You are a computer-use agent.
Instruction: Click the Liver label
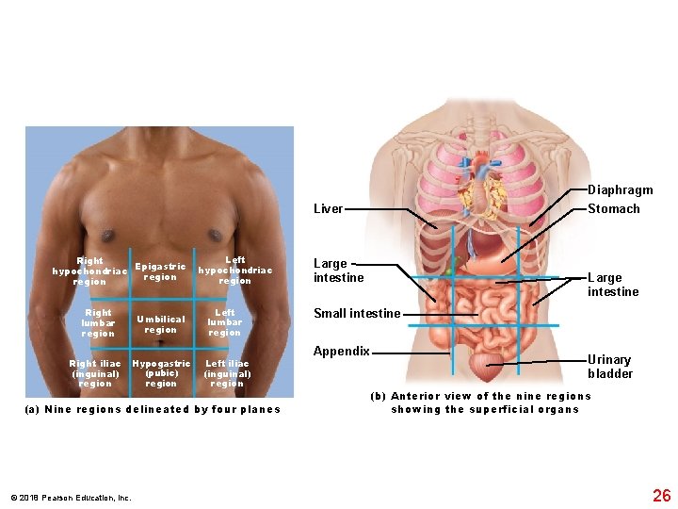[328, 209]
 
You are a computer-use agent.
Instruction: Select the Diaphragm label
[620, 190]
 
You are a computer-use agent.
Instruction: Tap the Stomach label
[613, 209]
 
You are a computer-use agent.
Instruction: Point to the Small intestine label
[357, 314]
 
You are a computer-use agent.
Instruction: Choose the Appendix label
[341, 352]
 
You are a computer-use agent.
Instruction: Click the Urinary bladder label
[610, 367]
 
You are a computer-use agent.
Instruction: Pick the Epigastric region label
[160, 271]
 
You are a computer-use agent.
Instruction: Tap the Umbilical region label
[160, 324]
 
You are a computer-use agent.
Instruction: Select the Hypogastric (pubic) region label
[161, 373]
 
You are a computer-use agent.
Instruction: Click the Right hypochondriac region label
[90, 271]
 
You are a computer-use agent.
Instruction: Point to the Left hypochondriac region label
[234, 271]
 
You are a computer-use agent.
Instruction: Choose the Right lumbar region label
[98, 322]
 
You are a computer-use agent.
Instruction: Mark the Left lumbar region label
[225, 322]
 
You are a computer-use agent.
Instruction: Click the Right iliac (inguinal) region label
[95, 373]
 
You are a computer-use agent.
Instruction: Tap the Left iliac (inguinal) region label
[227, 373]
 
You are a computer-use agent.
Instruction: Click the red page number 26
[662, 495]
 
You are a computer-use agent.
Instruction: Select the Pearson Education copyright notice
[72, 497]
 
